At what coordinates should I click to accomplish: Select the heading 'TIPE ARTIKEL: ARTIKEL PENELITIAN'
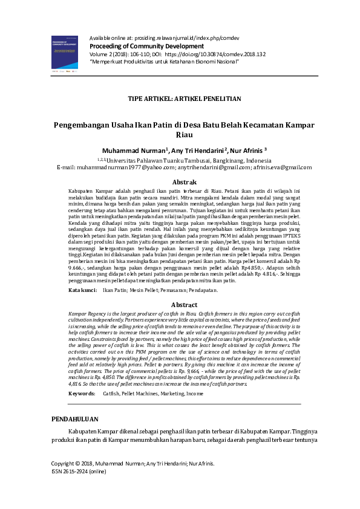(x=185, y=98)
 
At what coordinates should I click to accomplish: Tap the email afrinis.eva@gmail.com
(x=283, y=167)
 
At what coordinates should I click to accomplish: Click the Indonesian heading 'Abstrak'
(x=184, y=182)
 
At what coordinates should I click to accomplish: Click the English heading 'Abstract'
(x=184, y=305)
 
